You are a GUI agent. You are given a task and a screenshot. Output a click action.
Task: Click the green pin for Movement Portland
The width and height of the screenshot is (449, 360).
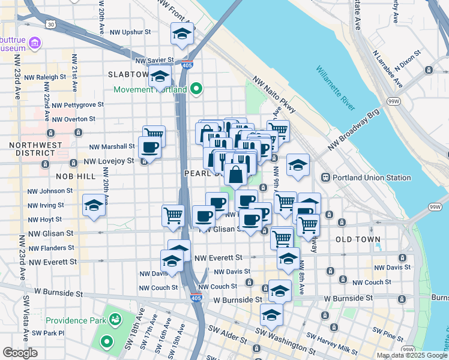(196, 90)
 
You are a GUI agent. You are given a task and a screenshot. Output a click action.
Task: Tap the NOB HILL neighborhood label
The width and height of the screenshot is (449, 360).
(75, 176)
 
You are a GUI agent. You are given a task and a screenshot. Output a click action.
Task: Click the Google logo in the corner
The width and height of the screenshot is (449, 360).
(20, 353)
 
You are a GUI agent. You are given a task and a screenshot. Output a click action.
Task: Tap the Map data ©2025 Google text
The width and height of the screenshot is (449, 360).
(412, 355)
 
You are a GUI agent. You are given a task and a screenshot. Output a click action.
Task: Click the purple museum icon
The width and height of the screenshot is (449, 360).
(35, 43)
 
